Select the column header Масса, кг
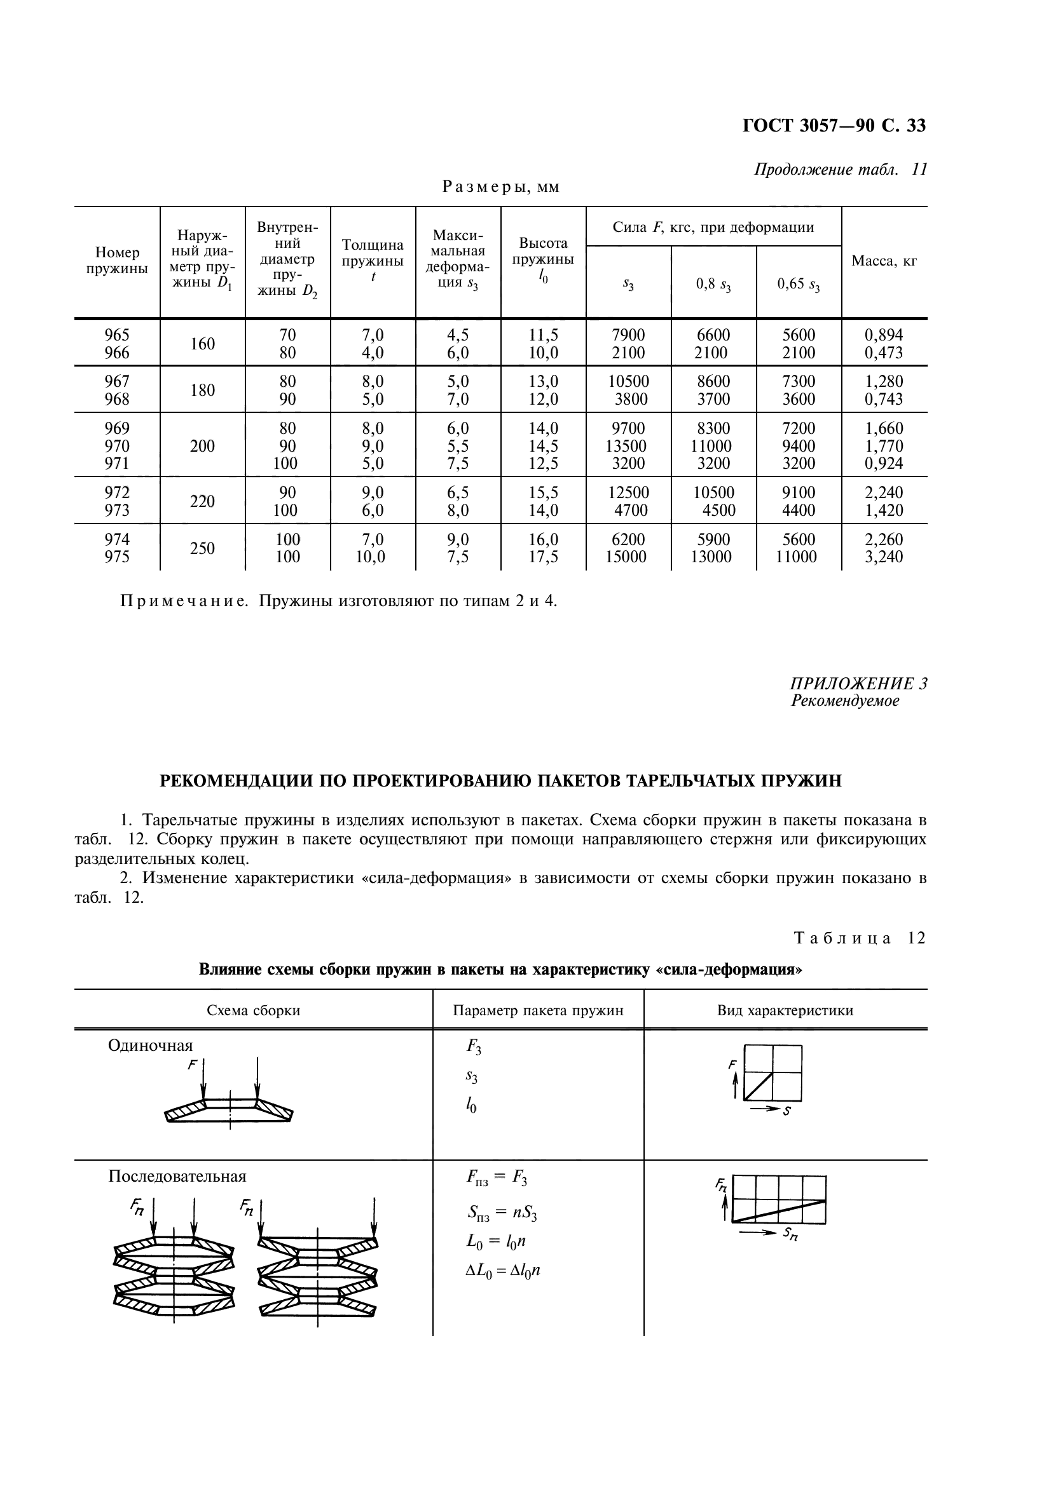[x=884, y=262]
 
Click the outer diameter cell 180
[x=202, y=390]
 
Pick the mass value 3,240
[x=884, y=557]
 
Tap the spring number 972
[x=116, y=493]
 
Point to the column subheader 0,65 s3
[x=799, y=284]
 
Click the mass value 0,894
[x=884, y=335]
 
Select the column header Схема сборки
[x=253, y=1011]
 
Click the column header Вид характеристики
[x=785, y=1011]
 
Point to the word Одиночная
[x=150, y=1046]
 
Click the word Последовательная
[x=177, y=1176]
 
